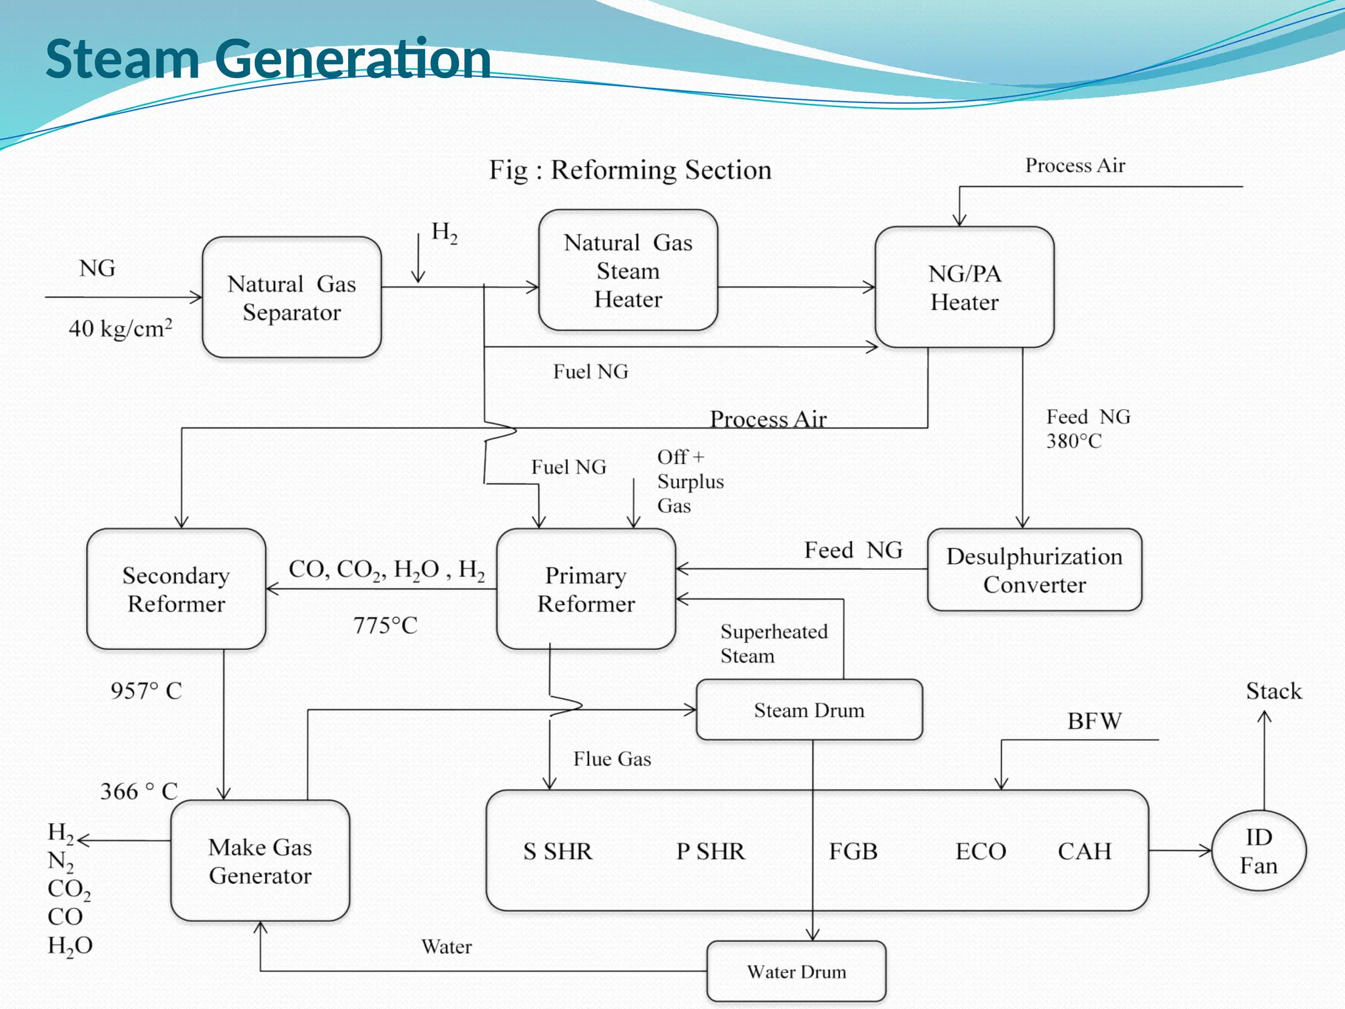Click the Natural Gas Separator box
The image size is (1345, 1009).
(x=292, y=298)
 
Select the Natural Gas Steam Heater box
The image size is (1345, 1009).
(x=628, y=271)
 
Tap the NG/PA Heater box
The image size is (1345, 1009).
(x=964, y=288)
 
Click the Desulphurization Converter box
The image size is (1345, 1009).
(x=1034, y=570)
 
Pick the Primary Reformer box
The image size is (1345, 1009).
(x=586, y=589)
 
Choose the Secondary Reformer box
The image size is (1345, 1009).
(x=176, y=589)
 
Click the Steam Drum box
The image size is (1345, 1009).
(x=809, y=710)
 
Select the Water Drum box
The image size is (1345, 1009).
(x=796, y=972)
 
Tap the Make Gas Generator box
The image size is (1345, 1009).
(x=260, y=861)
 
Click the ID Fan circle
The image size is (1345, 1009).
(x=1258, y=851)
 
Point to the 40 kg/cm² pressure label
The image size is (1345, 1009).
(x=121, y=328)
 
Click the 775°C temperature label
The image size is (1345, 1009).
(x=386, y=625)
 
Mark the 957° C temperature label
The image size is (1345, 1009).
(x=146, y=691)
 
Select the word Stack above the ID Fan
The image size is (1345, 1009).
(x=1273, y=691)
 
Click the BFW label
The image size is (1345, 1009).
(x=1094, y=721)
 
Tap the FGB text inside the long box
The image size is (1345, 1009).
(x=853, y=851)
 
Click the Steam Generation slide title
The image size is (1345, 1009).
(x=268, y=59)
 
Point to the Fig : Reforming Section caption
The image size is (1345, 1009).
(x=630, y=170)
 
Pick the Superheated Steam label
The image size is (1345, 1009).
(x=774, y=644)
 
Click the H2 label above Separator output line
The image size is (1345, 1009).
(x=444, y=233)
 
